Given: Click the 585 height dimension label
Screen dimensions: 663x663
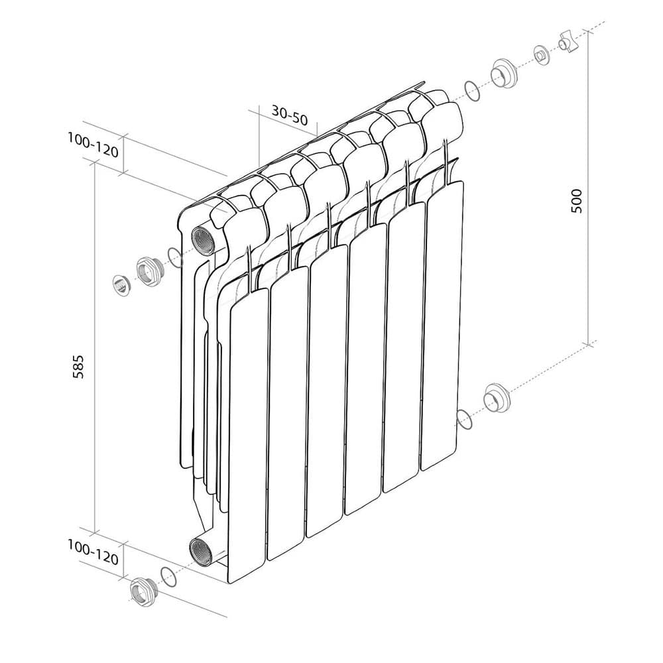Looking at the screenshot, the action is [x=79, y=367].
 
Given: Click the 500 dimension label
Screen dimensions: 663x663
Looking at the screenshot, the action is [x=577, y=201].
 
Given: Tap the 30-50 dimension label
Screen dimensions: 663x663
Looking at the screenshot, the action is [x=290, y=115].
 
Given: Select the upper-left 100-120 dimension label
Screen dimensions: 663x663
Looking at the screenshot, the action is [x=93, y=145].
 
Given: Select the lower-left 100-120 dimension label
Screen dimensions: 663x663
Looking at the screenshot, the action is [x=93, y=553].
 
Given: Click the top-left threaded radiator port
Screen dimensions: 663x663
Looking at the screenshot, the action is [x=204, y=241].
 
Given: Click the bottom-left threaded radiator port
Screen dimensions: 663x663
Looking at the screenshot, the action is [x=201, y=552].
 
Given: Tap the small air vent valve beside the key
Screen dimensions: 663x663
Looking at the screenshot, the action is [x=542, y=56].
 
